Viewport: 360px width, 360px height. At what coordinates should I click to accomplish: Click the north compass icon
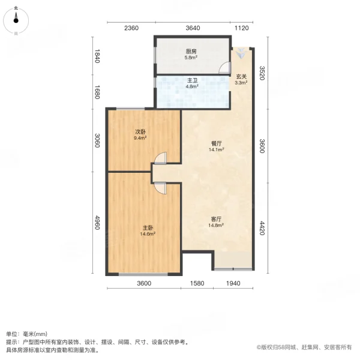pyautogui.click(x=17, y=19)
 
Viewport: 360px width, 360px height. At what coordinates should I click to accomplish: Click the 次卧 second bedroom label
pyautogui.click(x=141, y=134)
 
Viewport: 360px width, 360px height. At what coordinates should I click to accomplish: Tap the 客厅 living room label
pyautogui.click(x=217, y=223)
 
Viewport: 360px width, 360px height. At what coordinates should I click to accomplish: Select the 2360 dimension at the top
pyautogui.click(x=131, y=28)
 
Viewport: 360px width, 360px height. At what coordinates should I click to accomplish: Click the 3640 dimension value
pyautogui.click(x=193, y=28)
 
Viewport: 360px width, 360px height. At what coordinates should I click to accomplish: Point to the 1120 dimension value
pyautogui.click(x=241, y=28)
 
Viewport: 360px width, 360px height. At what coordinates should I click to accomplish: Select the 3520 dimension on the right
pyautogui.click(x=262, y=74)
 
